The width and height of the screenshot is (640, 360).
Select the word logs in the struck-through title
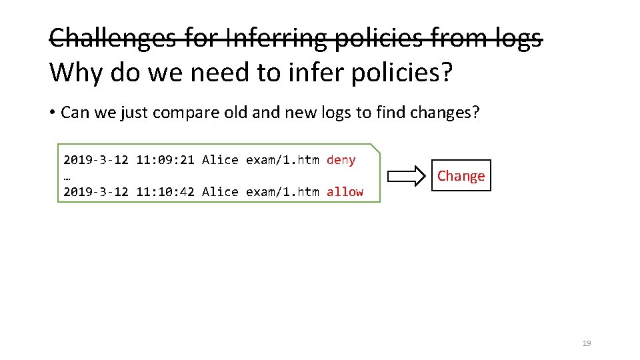(x=515, y=38)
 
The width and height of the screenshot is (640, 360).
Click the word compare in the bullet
(x=183, y=113)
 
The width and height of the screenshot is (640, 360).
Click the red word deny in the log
(x=341, y=160)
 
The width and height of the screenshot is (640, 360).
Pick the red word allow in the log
(x=345, y=192)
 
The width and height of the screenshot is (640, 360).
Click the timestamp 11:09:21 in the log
(x=165, y=160)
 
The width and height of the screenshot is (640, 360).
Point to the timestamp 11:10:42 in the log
(x=165, y=192)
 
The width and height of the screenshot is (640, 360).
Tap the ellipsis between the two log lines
(x=67, y=177)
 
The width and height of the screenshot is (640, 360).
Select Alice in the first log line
(x=220, y=160)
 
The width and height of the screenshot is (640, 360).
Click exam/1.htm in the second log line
(x=283, y=192)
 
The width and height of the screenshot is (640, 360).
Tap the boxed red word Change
(x=461, y=176)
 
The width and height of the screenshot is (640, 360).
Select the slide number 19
(x=587, y=343)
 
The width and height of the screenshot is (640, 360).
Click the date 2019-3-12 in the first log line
(x=95, y=160)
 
